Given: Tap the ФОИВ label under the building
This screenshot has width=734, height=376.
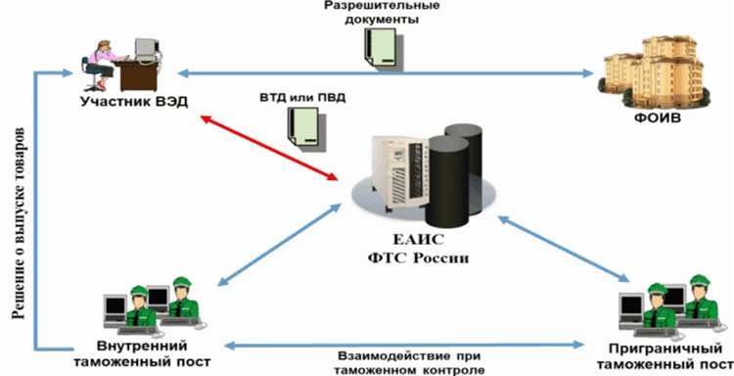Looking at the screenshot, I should point(655,119).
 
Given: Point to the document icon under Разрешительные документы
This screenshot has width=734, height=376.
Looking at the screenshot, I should point(381,44).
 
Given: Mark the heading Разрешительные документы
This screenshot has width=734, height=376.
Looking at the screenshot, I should point(371,12).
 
